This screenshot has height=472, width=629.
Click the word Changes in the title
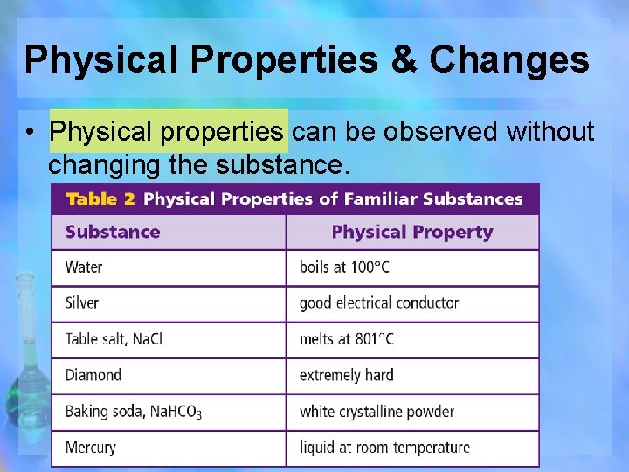pos(510,59)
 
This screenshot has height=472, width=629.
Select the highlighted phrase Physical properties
pos(168,132)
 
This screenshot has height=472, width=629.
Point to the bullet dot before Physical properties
pos(30,133)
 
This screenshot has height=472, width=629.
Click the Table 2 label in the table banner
pos(100,199)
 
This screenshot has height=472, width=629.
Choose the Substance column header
pos(113,233)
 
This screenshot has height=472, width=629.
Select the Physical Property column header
pos(412,233)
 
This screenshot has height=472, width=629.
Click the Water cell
pos(84,267)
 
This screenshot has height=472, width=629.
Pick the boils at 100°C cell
pos(344,267)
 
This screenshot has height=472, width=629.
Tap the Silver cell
pos(82,303)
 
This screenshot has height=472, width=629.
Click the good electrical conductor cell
pos(378,303)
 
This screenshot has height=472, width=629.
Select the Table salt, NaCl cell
pos(114,339)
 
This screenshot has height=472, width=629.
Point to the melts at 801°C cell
pos(346,339)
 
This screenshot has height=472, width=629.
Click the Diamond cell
pos(93,376)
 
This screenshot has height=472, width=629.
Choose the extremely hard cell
pos(346,376)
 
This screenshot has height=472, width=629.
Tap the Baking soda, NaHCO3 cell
pos(133,412)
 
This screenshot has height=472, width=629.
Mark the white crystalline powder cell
pos(377,412)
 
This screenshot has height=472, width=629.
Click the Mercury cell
pos(90,448)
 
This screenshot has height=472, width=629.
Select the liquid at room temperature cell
pos(384,448)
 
